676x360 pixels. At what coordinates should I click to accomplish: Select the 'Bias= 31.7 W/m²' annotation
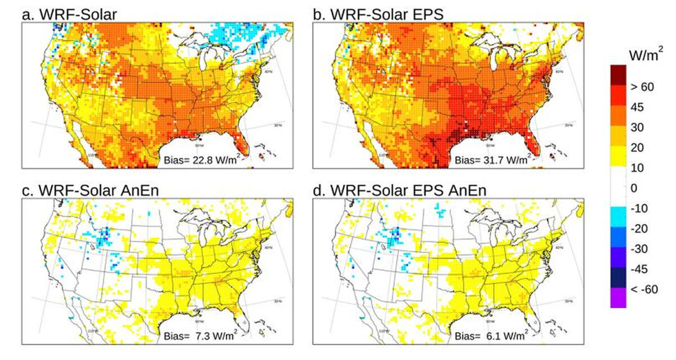pos(491,158)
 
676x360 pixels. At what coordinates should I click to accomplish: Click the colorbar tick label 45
pos(641,107)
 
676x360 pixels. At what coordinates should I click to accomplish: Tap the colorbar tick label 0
pos(637,188)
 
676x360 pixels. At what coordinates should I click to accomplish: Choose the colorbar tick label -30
pos(643,249)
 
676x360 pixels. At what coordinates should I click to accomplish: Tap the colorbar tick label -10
pos(643,208)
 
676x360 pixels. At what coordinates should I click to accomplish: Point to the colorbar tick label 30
pos(641,127)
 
